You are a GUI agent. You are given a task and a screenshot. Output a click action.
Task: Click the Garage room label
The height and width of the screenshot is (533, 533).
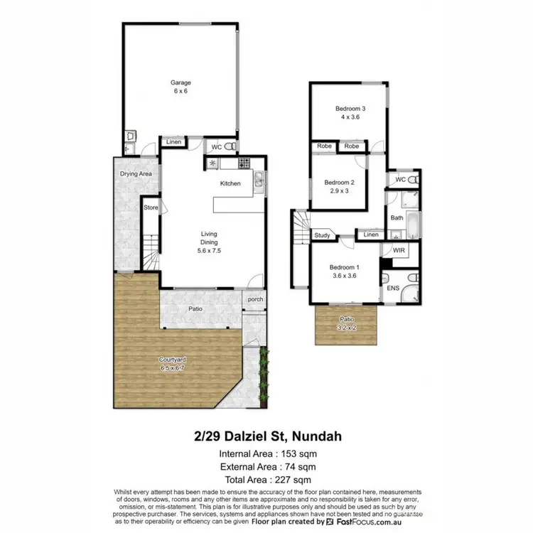[x=181, y=82]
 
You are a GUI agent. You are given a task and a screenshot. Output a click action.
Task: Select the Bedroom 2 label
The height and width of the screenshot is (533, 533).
[x=339, y=182]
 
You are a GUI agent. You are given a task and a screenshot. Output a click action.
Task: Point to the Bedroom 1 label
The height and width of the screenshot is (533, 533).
[x=344, y=268]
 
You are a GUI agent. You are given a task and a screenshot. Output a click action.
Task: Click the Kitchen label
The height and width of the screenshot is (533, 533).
[x=230, y=183]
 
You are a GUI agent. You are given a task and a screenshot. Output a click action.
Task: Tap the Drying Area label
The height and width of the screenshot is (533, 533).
[x=136, y=173]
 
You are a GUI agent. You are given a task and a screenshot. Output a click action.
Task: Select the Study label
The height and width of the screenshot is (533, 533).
[x=322, y=235]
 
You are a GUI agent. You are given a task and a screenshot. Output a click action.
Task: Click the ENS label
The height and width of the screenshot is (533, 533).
[x=393, y=289]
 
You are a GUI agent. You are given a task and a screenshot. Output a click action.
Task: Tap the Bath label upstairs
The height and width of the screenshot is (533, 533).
[x=396, y=219]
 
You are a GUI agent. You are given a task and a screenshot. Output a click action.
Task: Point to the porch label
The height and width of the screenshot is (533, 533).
[x=254, y=299]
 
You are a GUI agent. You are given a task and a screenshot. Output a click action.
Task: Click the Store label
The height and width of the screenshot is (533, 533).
[x=150, y=208]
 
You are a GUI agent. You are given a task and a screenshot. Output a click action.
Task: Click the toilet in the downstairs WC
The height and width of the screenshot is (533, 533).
[x=230, y=147]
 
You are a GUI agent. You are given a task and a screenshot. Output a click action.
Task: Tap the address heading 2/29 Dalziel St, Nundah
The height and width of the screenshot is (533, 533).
[x=266, y=434]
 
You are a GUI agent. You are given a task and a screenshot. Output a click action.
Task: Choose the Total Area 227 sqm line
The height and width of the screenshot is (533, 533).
[x=266, y=480]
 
